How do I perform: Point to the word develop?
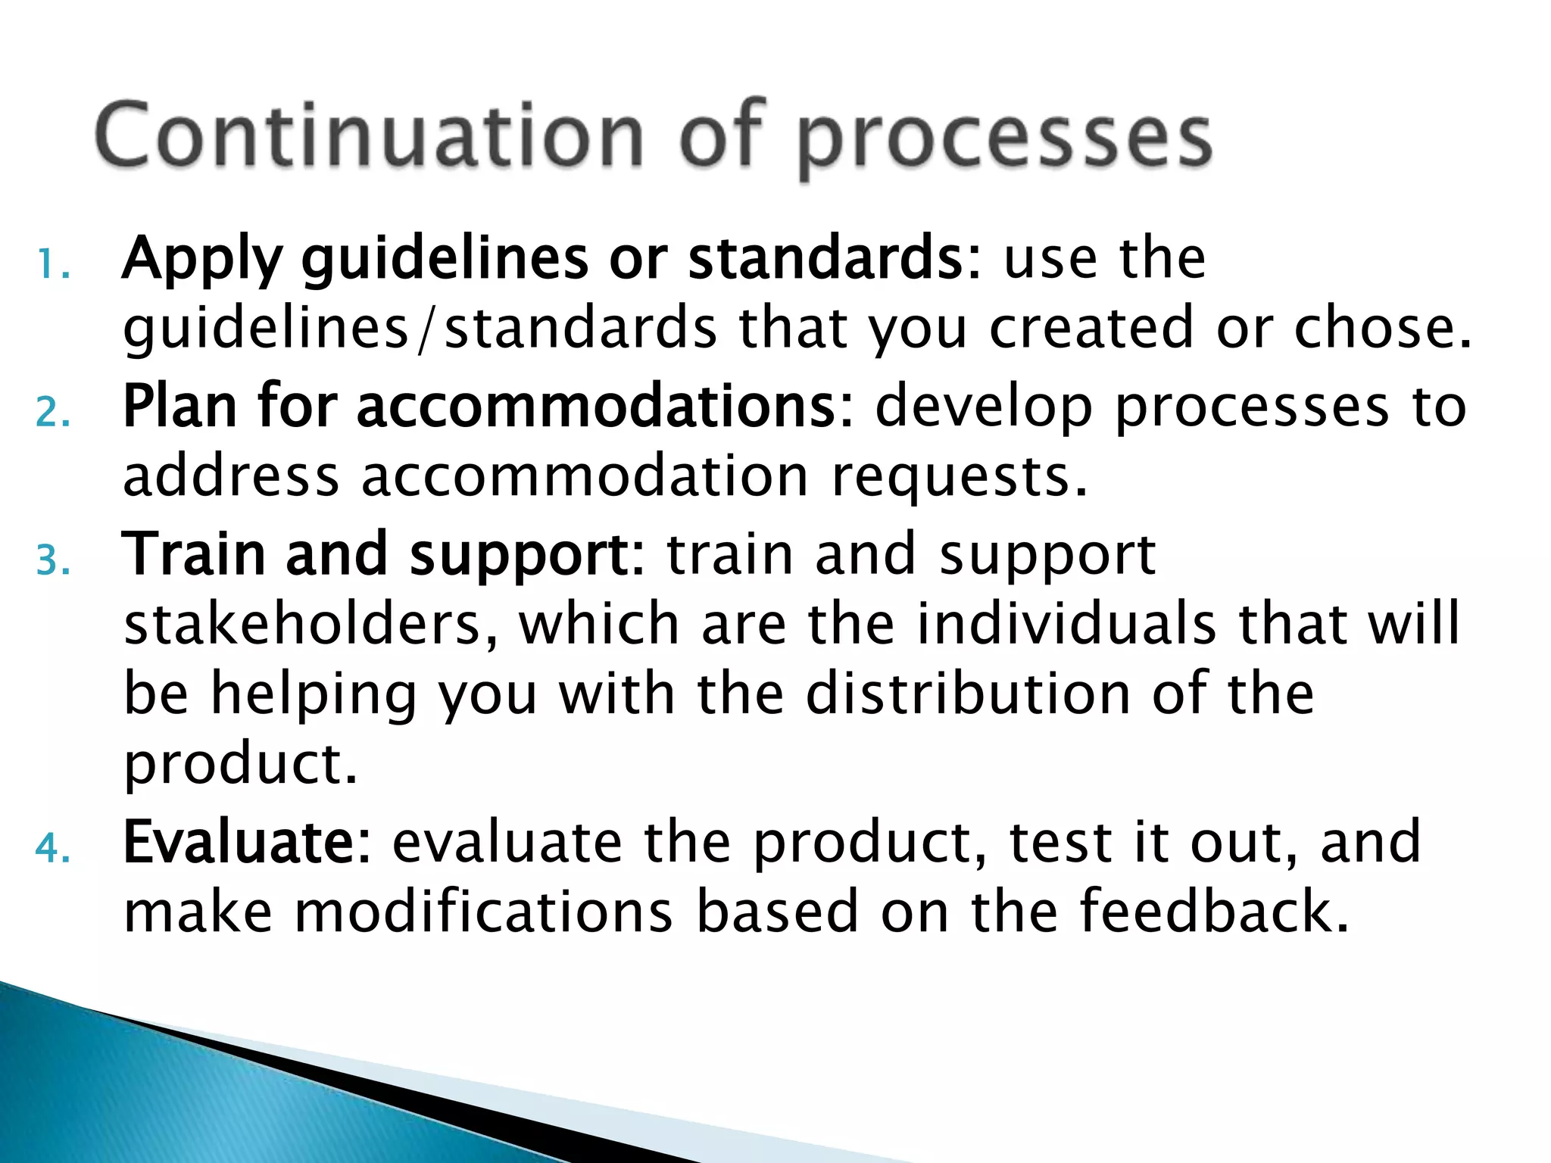[x=984, y=407]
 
